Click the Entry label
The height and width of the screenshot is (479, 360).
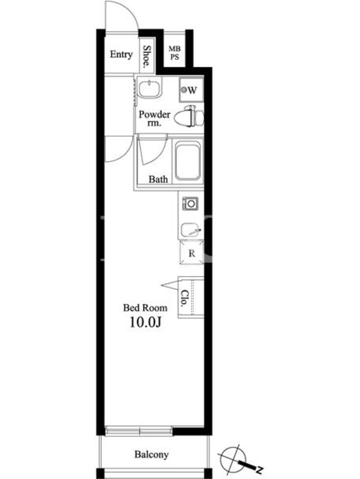tap(121, 54)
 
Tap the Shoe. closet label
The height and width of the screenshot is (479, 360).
tap(147, 56)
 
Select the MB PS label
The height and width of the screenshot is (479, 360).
tap(175, 53)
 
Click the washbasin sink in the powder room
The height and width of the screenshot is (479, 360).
tap(149, 88)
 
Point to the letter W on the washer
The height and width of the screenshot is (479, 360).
tap(192, 90)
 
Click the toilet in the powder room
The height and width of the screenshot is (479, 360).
tap(190, 116)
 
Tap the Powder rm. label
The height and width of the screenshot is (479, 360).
tap(154, 118)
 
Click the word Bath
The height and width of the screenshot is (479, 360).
tap(158, 179)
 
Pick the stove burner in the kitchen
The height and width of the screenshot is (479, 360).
tap(190, 204)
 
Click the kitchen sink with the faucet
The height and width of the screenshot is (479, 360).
tap(191, 231)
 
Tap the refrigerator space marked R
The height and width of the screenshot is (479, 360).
tap(191, 253)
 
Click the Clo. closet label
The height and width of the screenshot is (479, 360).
tap(184, 298)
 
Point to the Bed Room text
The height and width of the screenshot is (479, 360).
tap(145, 308)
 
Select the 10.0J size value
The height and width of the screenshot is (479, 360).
tap(145, 322)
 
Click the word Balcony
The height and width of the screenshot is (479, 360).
tap(152, 454)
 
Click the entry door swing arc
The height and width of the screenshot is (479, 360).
tap(125, 12)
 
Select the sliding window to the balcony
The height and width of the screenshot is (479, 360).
tap(139, 431)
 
